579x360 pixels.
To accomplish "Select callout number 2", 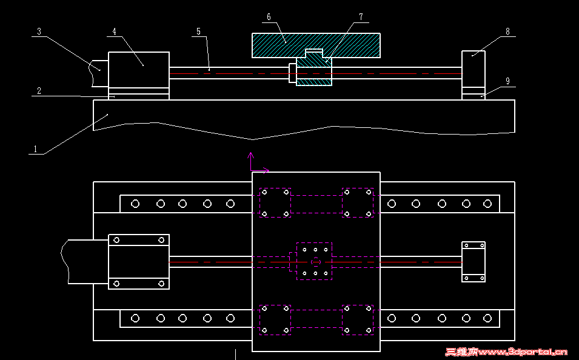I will tap(38, 91).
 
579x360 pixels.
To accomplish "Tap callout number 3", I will tap(38, 32).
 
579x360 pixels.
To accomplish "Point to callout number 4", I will tap(114, 31).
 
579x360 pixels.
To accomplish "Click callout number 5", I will tap(198, 31).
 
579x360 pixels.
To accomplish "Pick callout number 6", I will tap(269, 18).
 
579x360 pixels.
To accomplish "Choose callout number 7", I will tap(361, 17).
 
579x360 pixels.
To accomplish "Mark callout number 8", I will tap(507, 31).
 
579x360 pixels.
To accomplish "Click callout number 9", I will tap(507, 81).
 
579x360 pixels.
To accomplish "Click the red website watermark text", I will tap(506, 352).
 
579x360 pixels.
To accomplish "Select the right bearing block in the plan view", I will tap(473, 262).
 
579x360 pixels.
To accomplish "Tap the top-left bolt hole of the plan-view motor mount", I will tap(116, 240).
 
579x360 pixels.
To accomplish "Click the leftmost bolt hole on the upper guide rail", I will tap(135, 204).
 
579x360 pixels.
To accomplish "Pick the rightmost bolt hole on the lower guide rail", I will tap(487, 318).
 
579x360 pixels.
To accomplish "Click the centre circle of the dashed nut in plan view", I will tap(315, 262).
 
